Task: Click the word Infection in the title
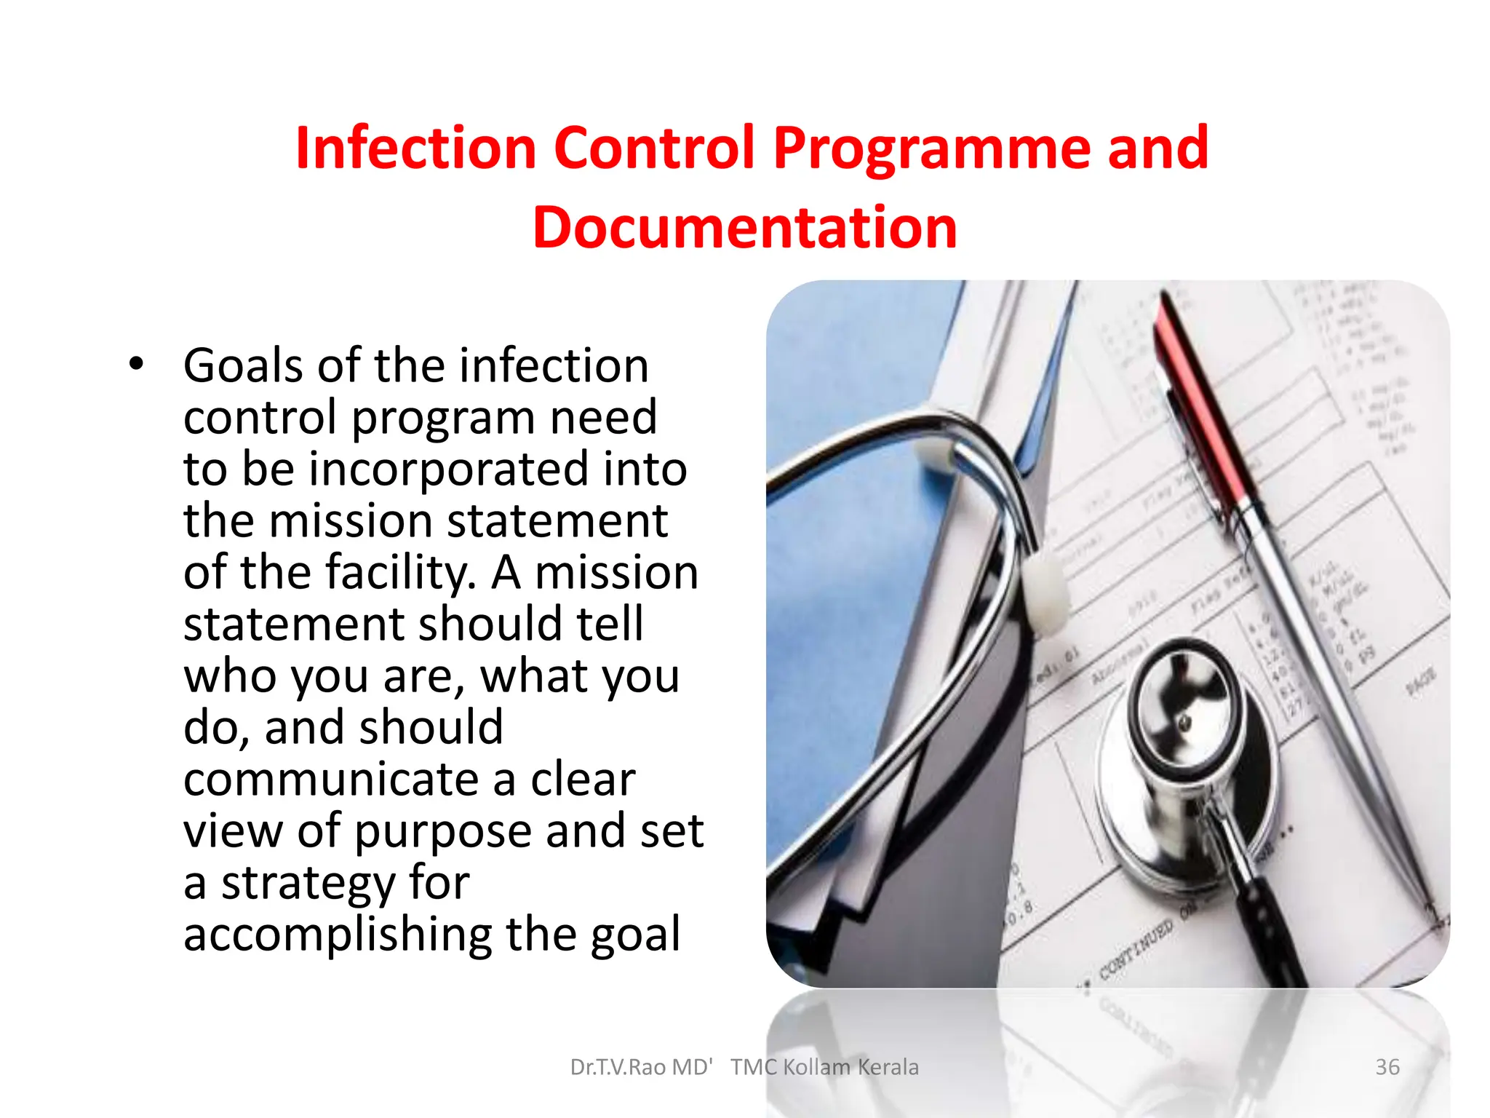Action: [415, 148]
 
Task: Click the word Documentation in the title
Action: [744, 228]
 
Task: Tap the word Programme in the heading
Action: [932, 148]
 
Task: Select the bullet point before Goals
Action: [136, 364]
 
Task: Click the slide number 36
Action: [1387, 1067]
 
